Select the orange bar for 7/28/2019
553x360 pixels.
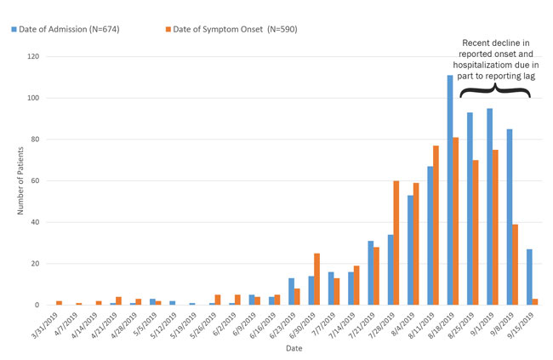tap(396, 243)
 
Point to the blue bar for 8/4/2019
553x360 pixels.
tap(410, 250)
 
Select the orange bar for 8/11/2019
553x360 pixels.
tap(436, 226)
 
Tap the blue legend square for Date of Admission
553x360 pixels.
tap(15, 30)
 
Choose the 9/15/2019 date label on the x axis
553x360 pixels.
tap(525, 325)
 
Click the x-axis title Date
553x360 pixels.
tap(293, 348)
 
